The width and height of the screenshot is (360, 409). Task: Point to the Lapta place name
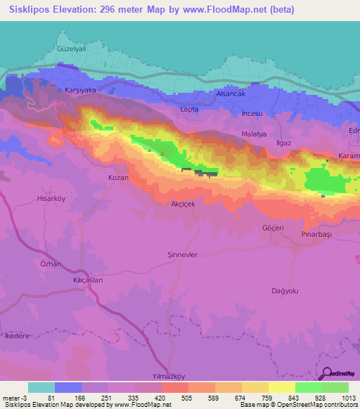[190, 110]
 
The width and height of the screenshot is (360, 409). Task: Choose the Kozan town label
[117, 178]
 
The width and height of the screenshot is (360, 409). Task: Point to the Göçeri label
[272, 228]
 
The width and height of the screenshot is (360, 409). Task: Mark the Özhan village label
[51, 264]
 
